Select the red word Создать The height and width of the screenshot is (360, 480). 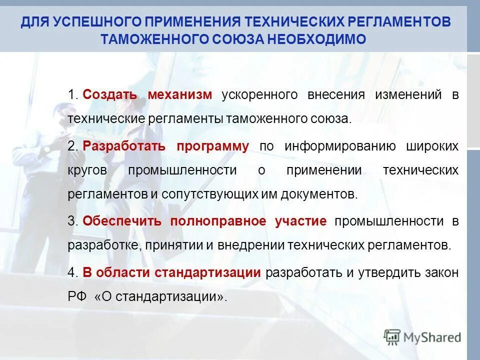107,95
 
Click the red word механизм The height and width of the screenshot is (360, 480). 180,95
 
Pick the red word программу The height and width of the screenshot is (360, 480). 212,146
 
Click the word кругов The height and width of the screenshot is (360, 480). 87,170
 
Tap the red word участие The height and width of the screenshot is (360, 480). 300,221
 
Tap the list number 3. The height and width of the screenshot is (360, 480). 71,221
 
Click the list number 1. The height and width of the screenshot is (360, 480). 71,95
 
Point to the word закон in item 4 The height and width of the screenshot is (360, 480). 440,272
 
